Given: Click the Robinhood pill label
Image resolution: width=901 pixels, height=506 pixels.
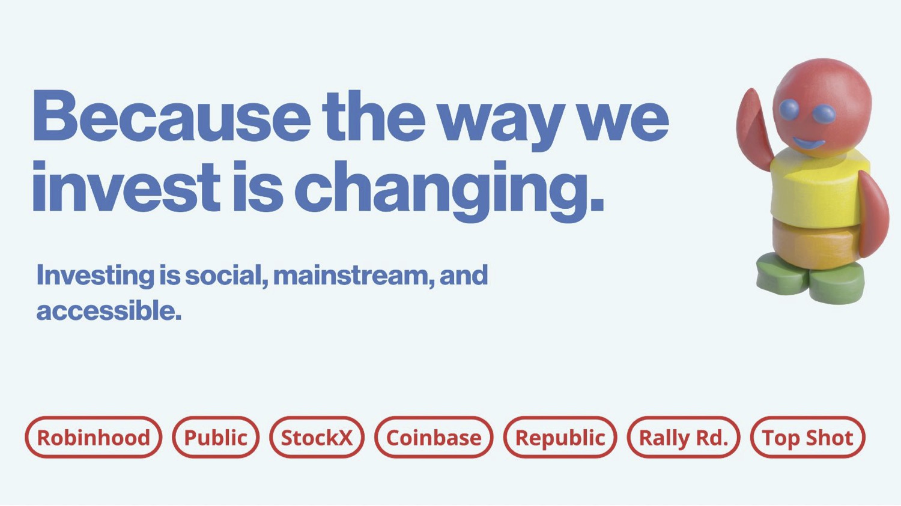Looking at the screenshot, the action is (93, 438).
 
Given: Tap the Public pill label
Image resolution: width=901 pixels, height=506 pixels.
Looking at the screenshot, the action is (216, 438).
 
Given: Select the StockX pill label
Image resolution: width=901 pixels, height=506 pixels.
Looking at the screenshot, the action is (317, 438).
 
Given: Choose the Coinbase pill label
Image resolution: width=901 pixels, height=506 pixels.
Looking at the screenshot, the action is (434, 438).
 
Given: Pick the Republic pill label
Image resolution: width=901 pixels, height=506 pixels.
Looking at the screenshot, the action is (560, 438).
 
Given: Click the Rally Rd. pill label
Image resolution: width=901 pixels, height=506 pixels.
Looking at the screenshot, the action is (684, 438).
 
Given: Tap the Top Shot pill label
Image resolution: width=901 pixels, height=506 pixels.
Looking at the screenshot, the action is (808, 438).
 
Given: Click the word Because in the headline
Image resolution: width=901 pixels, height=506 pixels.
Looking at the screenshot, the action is (172, 116).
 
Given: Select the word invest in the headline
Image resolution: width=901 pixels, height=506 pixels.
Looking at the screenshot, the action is (126, 187).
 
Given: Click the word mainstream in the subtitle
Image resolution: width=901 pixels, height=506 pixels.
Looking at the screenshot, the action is (354, 276).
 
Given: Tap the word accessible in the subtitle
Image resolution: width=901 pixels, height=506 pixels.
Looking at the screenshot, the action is (109, 311).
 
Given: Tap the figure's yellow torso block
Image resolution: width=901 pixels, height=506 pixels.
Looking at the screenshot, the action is (816, 187).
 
